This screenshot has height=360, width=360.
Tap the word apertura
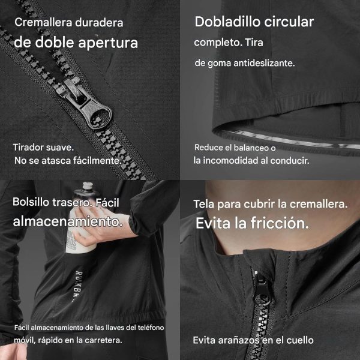(108, 43)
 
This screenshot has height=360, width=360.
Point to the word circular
(289, 22)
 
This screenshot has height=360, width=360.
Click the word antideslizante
(264, 63)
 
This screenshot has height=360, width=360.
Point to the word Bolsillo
(31, 202)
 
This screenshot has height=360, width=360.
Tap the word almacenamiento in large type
(68, 222)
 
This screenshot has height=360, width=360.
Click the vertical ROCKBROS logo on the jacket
(78, 286)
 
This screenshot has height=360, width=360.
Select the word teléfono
(151, 328)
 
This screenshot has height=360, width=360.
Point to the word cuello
(299, 340)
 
